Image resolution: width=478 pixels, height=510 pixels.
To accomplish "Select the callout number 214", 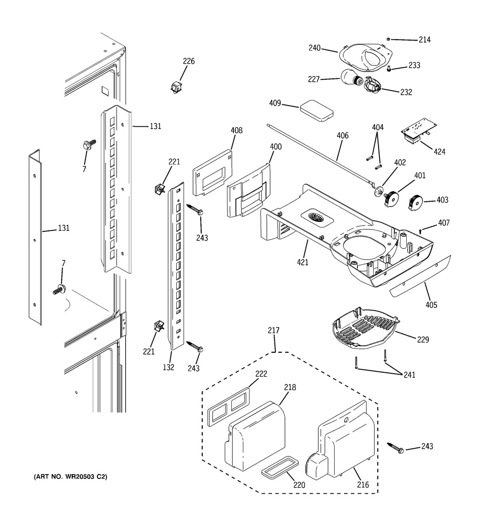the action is [424, 40].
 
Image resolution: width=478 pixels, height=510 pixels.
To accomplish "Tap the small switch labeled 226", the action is [176, 87].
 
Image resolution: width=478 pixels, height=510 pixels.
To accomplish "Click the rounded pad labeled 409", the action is [316, 111].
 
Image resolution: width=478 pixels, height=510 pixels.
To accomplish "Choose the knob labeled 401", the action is [391, 199].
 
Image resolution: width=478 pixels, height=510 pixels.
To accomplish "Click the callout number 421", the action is [303, 262].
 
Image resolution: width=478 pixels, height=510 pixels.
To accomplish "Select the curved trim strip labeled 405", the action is [420, 276].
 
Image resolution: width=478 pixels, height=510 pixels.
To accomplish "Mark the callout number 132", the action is [168, 367].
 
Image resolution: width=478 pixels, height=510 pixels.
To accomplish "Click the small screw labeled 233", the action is [389, 69].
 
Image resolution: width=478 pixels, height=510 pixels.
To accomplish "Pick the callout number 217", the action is [273, 330].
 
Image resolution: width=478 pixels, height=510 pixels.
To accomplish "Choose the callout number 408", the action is [237, 130].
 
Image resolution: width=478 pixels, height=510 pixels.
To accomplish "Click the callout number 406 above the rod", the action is [343, 136].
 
